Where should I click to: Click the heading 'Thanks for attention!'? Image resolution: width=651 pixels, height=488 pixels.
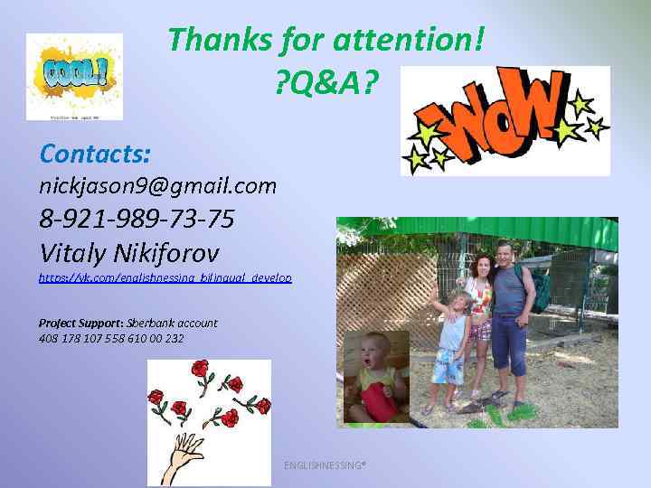[x=325, y=40]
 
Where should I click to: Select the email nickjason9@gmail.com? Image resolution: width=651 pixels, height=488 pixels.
[x=157, y=186]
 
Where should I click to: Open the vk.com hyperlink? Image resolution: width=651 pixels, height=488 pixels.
[x=165, y=278]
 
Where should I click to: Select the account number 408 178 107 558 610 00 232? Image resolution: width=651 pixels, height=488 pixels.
[x=110, y=339]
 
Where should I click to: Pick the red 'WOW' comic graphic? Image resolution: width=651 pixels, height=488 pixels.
[x=505, y=120]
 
